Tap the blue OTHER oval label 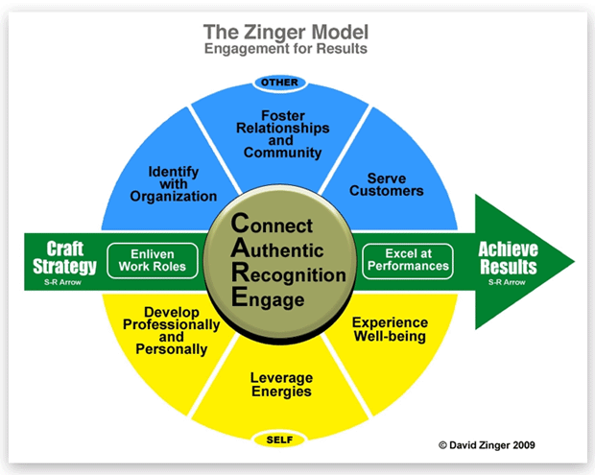click(280, 83)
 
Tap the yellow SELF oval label click(279, 439)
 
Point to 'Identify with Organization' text click(174, 183)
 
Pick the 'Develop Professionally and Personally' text click(175, 331)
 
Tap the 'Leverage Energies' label click(280, 385)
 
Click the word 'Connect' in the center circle click(279, 226)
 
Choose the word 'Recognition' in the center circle click(287, 274)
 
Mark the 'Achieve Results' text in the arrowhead click(508, 257)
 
